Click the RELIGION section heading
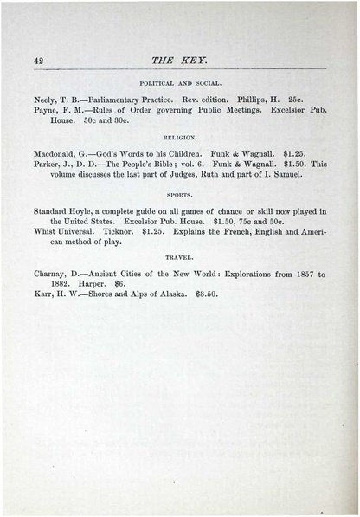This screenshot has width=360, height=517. [x=179, y=138]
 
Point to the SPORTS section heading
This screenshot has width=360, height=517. [x=179, y=197]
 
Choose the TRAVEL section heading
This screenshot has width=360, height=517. [x=179, y=257]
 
